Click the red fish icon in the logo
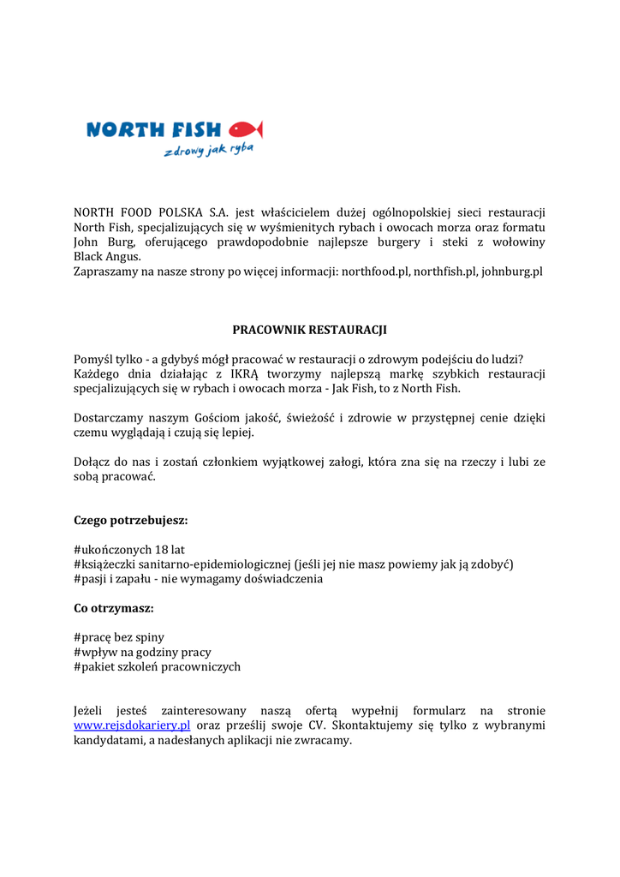[x=246, y=129]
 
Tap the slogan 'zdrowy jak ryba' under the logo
[x=209, y=151]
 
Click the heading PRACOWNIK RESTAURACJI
[x=310, y=329]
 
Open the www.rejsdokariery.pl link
[x=132, y=725]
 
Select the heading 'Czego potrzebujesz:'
[x=131, y=520]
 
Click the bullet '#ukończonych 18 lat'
[x=135, y=549]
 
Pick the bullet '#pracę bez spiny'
[x=119, y=637]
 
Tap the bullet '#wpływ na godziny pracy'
[x=142, y=652]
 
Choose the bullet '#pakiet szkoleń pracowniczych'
[x=157, y=666]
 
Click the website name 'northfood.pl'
[x=375, y=271]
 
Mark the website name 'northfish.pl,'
[x=445, y=271]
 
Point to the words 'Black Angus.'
[x=107, y=256]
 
